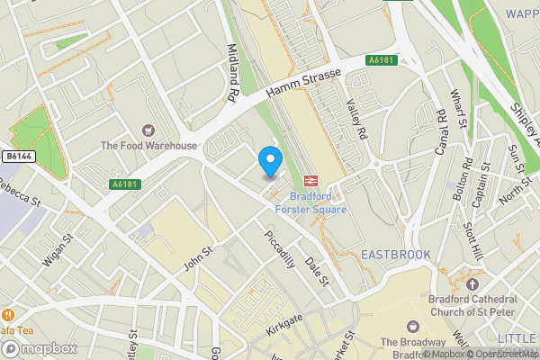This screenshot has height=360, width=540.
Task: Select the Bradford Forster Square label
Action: [317, 202]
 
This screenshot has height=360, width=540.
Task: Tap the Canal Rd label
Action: [441, 130]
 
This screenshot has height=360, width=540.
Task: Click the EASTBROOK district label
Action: [396, 256]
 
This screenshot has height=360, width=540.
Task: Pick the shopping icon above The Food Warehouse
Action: [148, 130]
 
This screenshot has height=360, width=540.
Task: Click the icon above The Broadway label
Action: [413, 326]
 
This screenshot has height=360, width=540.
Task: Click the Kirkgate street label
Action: [286, 326]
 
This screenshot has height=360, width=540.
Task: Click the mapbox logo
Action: [38, 348]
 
